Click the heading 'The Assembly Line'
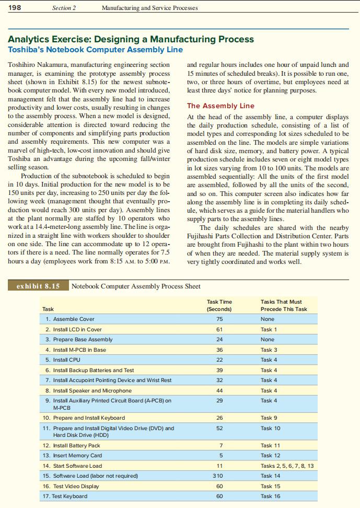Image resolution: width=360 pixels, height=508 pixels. coord(220,106)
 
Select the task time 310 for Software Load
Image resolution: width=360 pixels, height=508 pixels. coord(219,476)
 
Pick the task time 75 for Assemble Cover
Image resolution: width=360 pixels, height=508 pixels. coord(219,319)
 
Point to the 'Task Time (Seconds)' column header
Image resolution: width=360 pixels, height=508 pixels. coord(219,305)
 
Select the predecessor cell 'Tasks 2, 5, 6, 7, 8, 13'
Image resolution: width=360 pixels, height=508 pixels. coord(287,465)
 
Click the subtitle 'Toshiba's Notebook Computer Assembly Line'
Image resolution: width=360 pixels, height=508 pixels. coord(95,50)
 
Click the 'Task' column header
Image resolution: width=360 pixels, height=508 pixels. coord(48,309)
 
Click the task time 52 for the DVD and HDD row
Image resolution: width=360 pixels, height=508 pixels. coord(219,428)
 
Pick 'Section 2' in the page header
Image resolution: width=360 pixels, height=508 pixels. coord(64,8)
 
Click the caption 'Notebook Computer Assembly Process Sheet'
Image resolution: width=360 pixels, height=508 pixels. coord(136,286)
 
